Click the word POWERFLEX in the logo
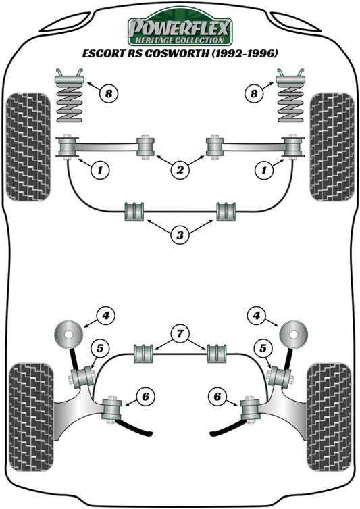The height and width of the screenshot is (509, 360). (180, 28)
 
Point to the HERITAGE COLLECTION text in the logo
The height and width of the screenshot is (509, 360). (180, 41)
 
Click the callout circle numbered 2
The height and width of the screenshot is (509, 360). (180, 172)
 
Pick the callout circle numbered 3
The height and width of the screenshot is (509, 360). (180, 235)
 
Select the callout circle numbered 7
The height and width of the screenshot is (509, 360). (180, 333)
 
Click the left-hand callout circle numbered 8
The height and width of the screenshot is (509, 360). (107, 93)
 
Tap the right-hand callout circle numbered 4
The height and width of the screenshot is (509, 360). (257, 315)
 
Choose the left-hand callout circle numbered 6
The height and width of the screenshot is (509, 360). (144, 397)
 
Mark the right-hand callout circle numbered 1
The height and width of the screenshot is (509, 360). (261, 171)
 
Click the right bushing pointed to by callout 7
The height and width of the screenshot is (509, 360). (217, 354)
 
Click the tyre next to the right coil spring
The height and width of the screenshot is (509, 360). (332, 146)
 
